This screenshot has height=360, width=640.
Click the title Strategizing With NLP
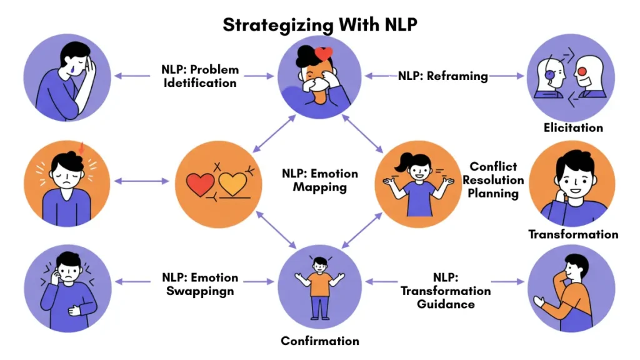tap(319, 24)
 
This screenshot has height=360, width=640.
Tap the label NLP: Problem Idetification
tap(200, 76)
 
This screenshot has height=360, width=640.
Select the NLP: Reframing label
tap(443, 76)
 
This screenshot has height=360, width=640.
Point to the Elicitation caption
tap(572, 127)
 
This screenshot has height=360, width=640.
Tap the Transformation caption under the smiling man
tap(573, 234)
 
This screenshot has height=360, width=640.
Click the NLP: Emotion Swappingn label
tap(200, 284)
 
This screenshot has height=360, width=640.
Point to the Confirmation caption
tap(319, 341)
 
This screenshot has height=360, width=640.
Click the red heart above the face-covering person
tap(324, 54)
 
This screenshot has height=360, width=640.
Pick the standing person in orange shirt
tap(319, 287)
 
